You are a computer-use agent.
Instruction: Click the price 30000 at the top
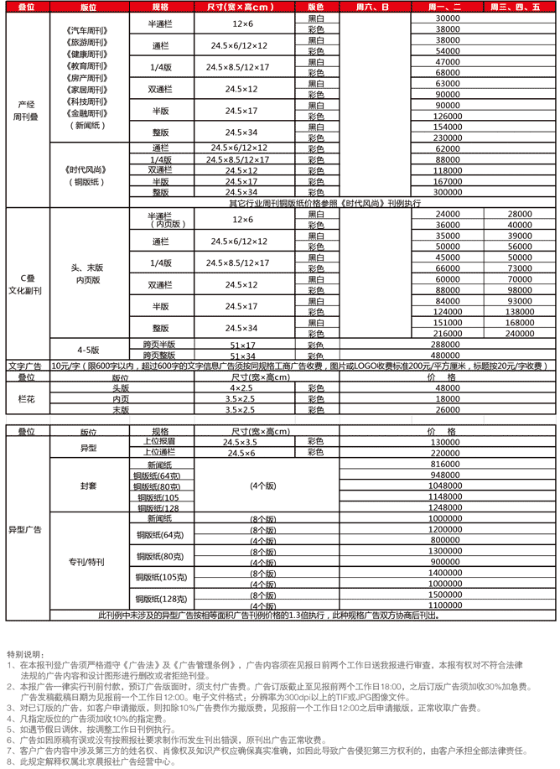(449, 18)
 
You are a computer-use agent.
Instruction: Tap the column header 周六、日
(372, 7)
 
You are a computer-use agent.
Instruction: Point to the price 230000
(449, 138)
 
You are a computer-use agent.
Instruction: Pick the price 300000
(449, 192)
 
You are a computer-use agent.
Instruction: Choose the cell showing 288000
(449, 344)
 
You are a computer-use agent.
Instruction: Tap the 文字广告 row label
(26, 366)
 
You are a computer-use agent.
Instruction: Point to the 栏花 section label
(26, 399)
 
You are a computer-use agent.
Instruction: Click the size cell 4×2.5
(241, 388)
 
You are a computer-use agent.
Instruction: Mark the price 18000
(449, 399)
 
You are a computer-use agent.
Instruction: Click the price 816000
(449, 464)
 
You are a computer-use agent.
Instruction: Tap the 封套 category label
(88, 486)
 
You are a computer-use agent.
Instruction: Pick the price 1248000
(449, 507)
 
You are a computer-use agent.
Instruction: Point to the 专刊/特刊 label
(88, 561)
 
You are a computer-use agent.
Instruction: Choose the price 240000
(521, 333)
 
